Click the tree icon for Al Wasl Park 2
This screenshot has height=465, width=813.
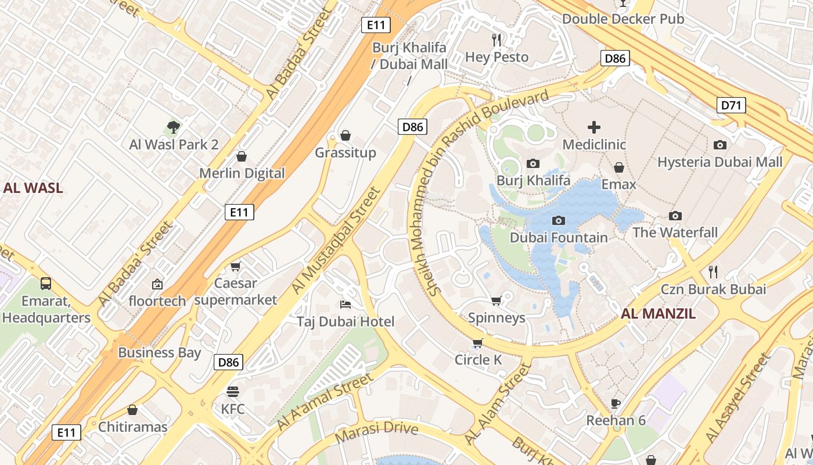coord(173,127)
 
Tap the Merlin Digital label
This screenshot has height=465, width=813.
coord(242,173)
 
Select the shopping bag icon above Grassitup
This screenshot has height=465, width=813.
coord(346,135)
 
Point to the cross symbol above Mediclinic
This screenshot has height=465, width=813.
coord(593,127)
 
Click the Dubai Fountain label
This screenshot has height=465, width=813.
coord(559,238)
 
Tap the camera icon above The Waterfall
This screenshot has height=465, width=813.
coord(675,216)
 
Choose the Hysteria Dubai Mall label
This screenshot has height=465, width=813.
coord(720,162)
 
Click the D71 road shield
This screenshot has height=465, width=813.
coord(731,105)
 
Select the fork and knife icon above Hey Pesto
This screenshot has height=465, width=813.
coord(497,40)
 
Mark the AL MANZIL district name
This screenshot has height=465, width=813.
coord(658,314)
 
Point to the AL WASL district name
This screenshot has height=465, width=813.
coord(33,188)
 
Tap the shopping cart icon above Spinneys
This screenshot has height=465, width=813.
coord(496,301)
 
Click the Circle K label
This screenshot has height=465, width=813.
coord(478,360)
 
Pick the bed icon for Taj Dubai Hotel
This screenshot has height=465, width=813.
coord(345,304)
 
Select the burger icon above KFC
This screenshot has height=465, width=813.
coord(233,391)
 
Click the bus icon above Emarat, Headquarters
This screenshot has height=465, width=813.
coord(46,284)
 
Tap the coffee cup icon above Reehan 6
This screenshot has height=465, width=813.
coord(616,403)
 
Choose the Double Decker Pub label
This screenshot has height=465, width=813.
coord(623,19)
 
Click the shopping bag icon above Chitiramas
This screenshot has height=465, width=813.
coord(132,410)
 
